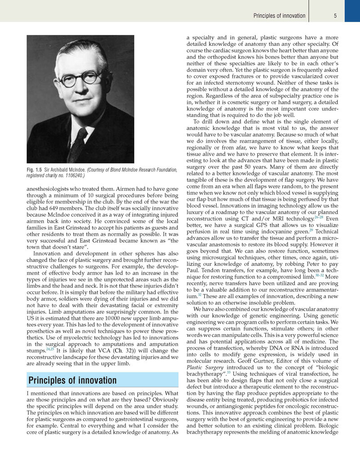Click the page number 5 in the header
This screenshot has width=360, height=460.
[335, 16]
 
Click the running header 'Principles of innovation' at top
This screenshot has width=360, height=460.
[279, 16]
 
